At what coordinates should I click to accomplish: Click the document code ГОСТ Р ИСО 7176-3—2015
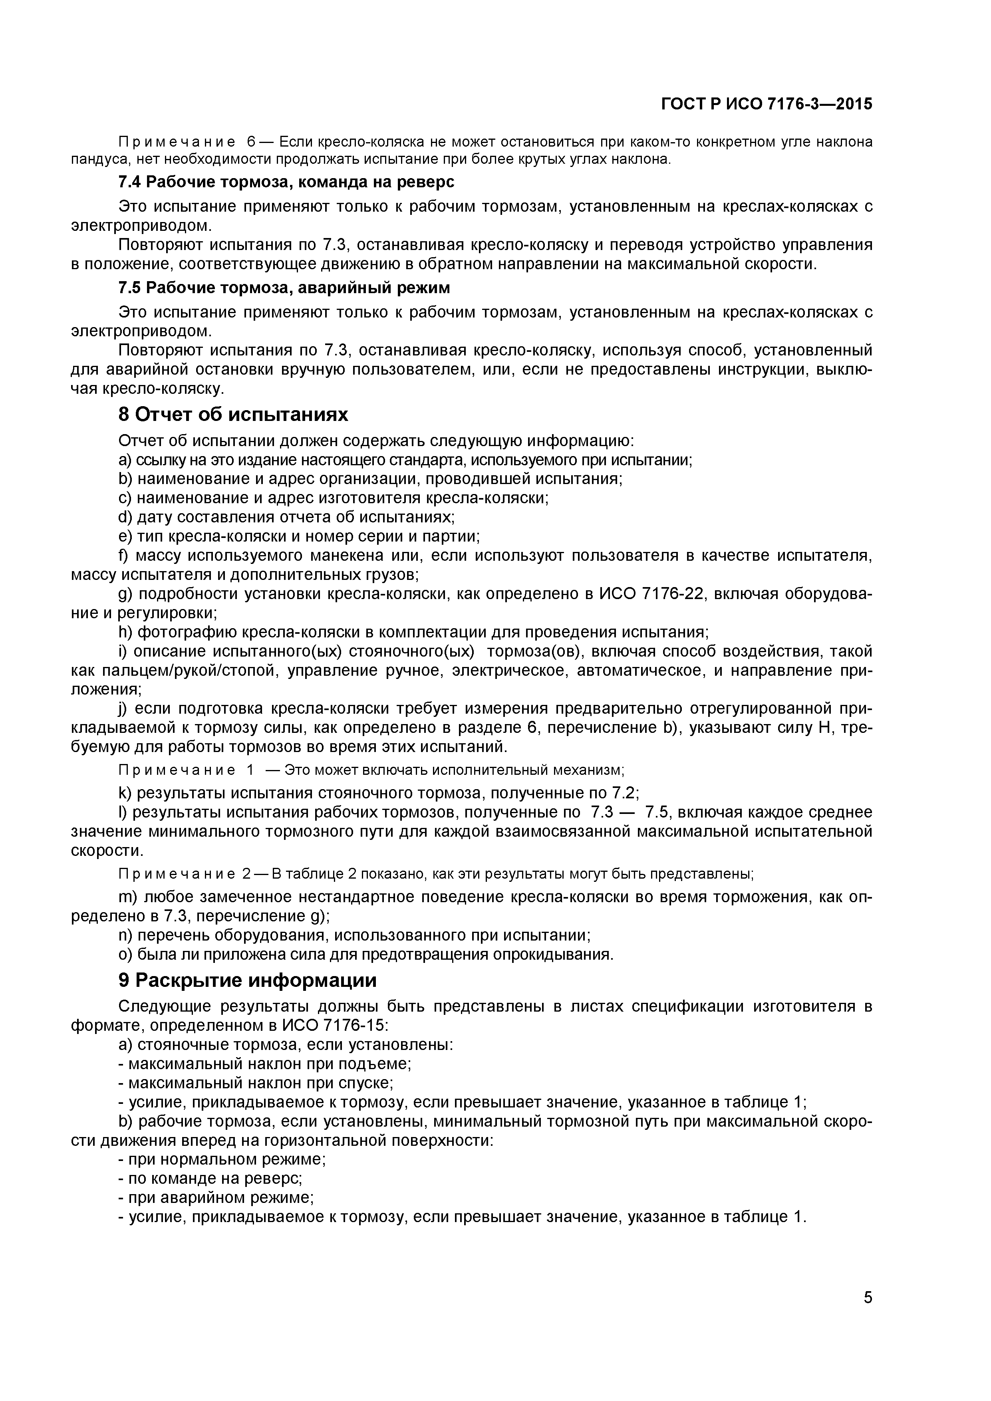coord(767,104)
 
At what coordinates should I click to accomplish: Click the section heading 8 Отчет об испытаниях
coord(233,415)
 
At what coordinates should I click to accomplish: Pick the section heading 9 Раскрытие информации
coord(247,980)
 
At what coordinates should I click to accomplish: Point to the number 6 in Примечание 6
coord(251,142)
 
